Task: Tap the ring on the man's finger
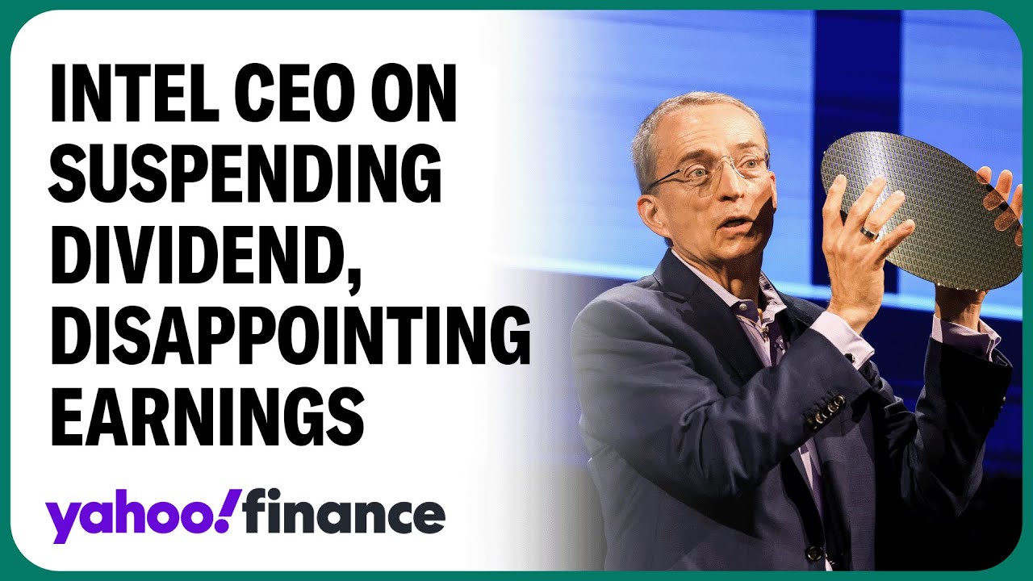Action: pyautogui.click(x=870, y=233)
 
